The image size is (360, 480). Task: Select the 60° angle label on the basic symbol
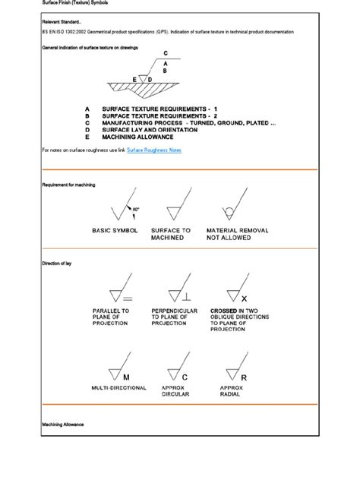pos(135,208)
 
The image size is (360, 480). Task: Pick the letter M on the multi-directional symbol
pos(126,377)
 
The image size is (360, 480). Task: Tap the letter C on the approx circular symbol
pos(184,377)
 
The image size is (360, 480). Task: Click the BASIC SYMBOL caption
pos(115,229)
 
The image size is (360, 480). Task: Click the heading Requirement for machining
pos(68,185)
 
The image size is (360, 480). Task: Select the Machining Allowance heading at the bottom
pos(63,424)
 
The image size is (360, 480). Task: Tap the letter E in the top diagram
pos(135,79)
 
